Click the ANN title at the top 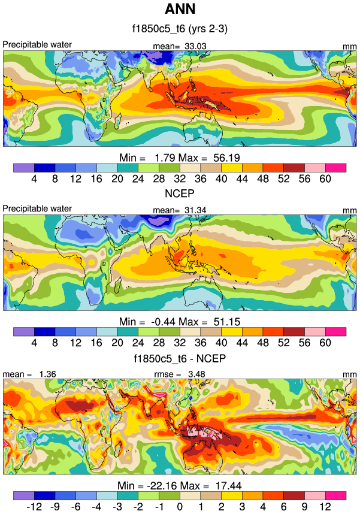180,10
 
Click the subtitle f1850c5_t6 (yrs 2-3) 180,28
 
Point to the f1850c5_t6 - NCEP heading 180,359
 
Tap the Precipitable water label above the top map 37,44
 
